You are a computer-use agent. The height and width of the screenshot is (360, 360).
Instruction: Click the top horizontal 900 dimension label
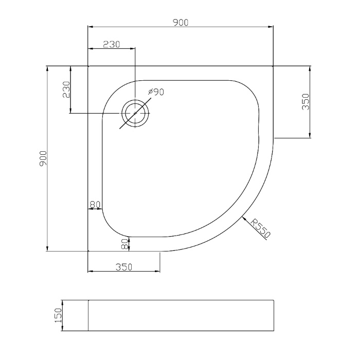tap(181, 23)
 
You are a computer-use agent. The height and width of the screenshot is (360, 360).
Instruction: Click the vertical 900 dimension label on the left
tap(43, 158)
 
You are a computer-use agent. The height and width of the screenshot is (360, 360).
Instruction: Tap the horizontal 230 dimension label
tap(112, 44)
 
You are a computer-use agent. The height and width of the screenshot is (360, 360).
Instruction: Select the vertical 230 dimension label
tap(66, 89)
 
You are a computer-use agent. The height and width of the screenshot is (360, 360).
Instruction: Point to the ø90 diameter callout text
tap(156, 92)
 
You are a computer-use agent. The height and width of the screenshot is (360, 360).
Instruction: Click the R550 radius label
tap(260, 228)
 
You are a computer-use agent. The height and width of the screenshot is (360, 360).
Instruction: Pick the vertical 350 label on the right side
tap(305, 102)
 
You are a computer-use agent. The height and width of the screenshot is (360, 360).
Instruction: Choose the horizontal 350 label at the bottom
tap(124, 267)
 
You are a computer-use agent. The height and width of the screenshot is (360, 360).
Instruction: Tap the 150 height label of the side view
tap(58, 315)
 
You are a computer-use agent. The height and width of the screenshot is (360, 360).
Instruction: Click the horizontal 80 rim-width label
tap(95, 204)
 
